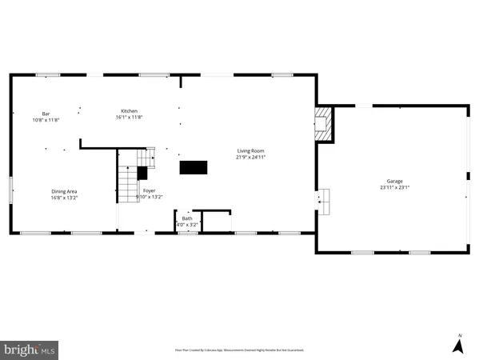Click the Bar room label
click(x=46, y=114)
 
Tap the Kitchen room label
click(x=130, y=110)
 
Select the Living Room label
click(x=249, y=150)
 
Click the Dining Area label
click(x=64, y=191)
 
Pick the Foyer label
click(x=149, y=190)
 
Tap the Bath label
click(x=187, y=218)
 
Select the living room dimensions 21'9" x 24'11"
click(x=249, y=158)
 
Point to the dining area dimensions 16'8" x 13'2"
click(x=64, y=198)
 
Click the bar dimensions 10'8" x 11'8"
click(x=46, y=120)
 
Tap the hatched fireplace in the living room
click(x=323, y=124)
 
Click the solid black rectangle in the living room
click(x=194, y=167)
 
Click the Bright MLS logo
click(x=30, y=349)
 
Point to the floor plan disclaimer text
click(x=239, y=350)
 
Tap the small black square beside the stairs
click(x=142, y=171)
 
